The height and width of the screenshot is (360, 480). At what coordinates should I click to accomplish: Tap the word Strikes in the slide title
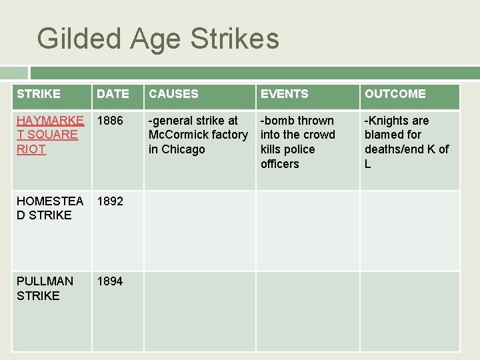235,39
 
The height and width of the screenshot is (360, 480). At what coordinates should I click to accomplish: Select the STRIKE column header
39,94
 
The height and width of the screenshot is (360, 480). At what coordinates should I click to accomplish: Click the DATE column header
113,94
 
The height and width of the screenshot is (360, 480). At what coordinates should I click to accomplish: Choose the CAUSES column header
173,94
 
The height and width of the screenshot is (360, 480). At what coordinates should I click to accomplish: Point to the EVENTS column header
285,94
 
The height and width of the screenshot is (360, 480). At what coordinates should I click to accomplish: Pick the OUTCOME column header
395,94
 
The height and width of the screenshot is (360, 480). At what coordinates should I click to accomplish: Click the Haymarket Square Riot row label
48,135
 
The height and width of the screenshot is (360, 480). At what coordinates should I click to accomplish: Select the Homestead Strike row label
49,208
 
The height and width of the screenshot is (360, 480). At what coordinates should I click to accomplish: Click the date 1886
110,121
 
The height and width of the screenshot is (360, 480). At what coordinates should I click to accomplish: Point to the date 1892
110,201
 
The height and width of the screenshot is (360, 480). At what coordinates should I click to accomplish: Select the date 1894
110,281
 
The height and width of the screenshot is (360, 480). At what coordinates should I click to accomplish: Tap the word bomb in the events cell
281,121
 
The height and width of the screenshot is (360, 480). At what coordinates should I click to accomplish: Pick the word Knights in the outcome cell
389,121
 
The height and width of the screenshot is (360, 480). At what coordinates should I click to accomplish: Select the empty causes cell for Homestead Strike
200,231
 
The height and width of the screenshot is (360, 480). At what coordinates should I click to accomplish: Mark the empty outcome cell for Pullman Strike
410,311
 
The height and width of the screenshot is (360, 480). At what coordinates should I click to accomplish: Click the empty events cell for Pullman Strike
308,311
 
